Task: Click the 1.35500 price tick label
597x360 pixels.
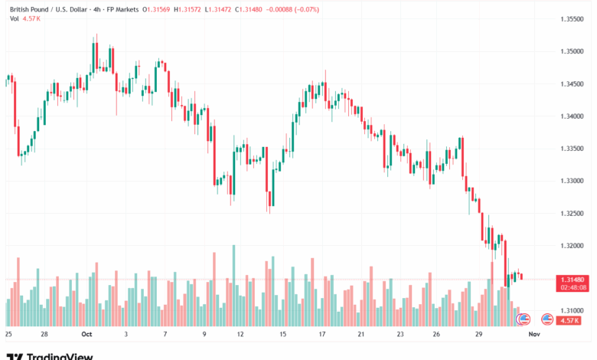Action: click(573, 19)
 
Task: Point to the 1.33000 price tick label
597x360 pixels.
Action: click(573, 181)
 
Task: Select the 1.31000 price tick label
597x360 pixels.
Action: click(573, 310)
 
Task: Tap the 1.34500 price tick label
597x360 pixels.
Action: click(573, 83)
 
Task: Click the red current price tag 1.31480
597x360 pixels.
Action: click(573, 279)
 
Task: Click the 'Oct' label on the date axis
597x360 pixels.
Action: click(86, 335)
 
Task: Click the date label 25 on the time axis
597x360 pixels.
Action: click(8, 335)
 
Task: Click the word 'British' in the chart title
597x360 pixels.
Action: click(19, 8)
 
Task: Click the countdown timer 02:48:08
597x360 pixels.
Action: click(573, 287)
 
